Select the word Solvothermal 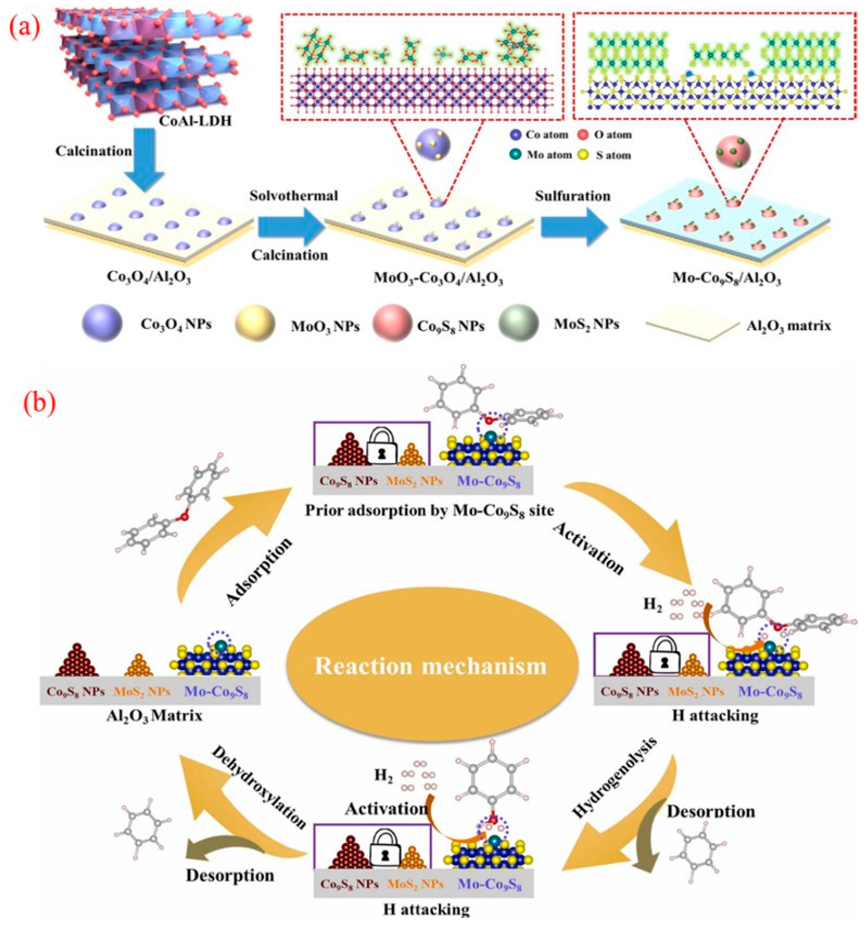(294, 196)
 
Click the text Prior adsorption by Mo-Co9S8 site (430, 511)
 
